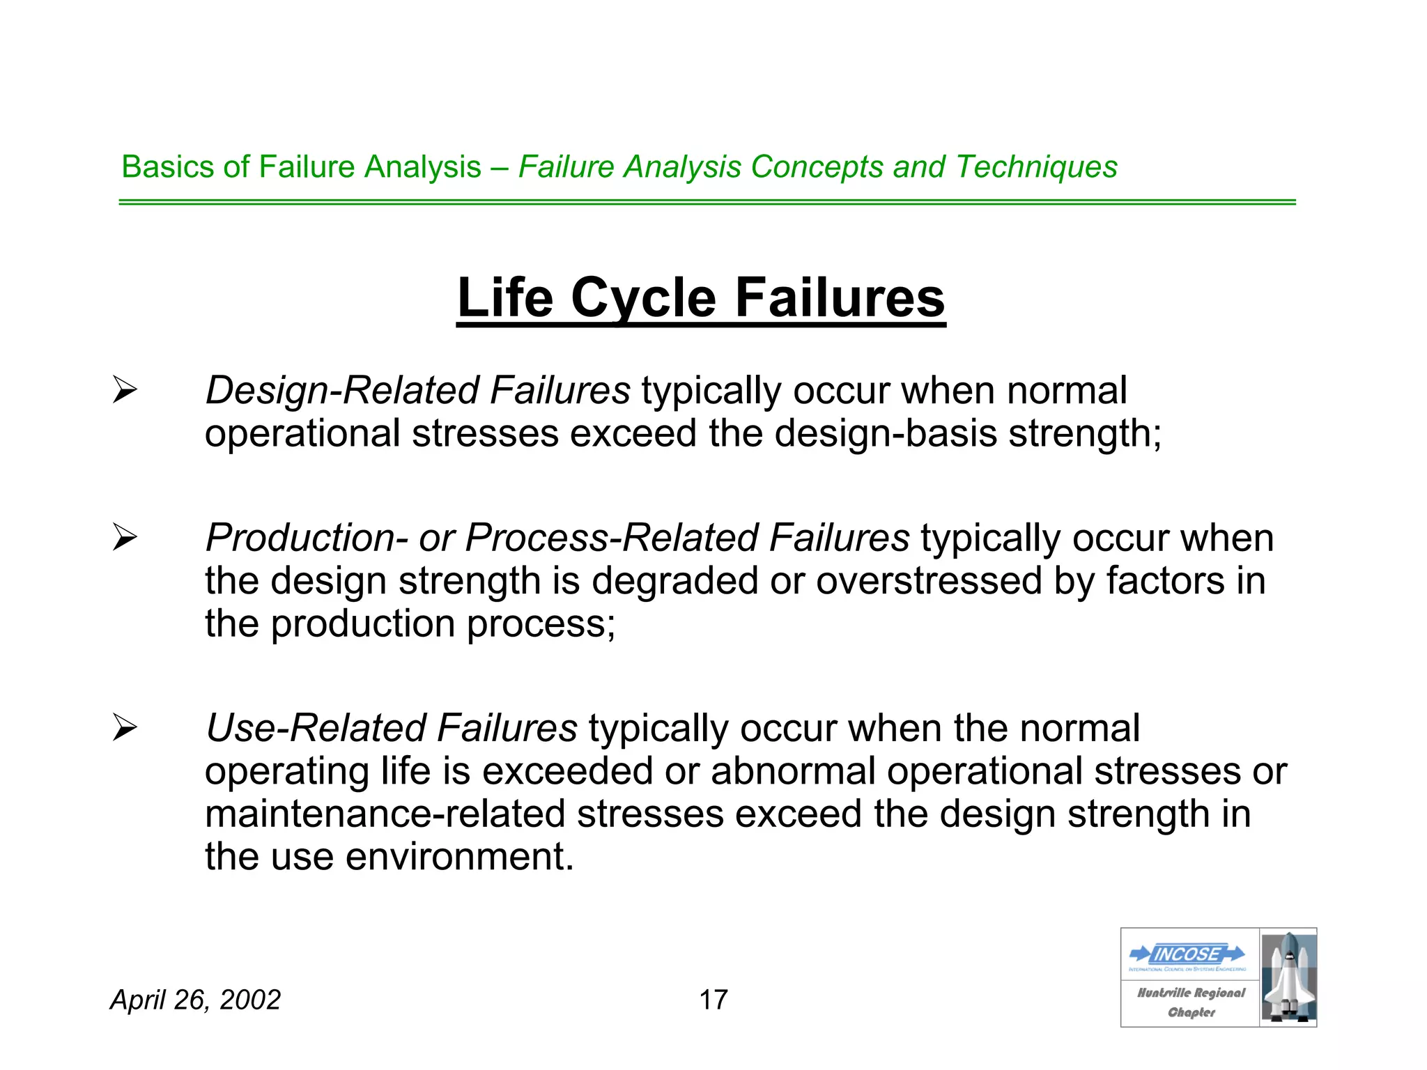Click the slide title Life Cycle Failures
click(701, 297)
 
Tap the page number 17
click(713, 1000)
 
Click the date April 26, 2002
click(195, 1000)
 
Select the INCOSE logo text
click(1187, 954)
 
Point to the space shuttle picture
click(1288, 977)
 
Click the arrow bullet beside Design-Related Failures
click(125, 390)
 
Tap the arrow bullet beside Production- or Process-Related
click(125, 538)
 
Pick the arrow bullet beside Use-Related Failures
click(125, 728)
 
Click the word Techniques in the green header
click(1036, 167)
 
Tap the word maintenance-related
click(385, 814)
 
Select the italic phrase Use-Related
click(316, 728)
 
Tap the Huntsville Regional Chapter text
click(1191, 1002)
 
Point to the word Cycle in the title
click(644, 297)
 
